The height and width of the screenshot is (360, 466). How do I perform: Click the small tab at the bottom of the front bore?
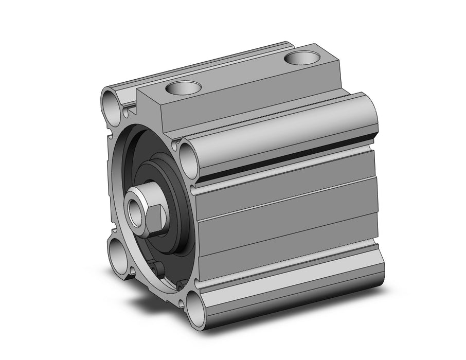pyautogui.click(x=157, y=269)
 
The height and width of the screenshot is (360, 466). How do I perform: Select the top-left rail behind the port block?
pyautogui.click(x=206, y=67)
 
